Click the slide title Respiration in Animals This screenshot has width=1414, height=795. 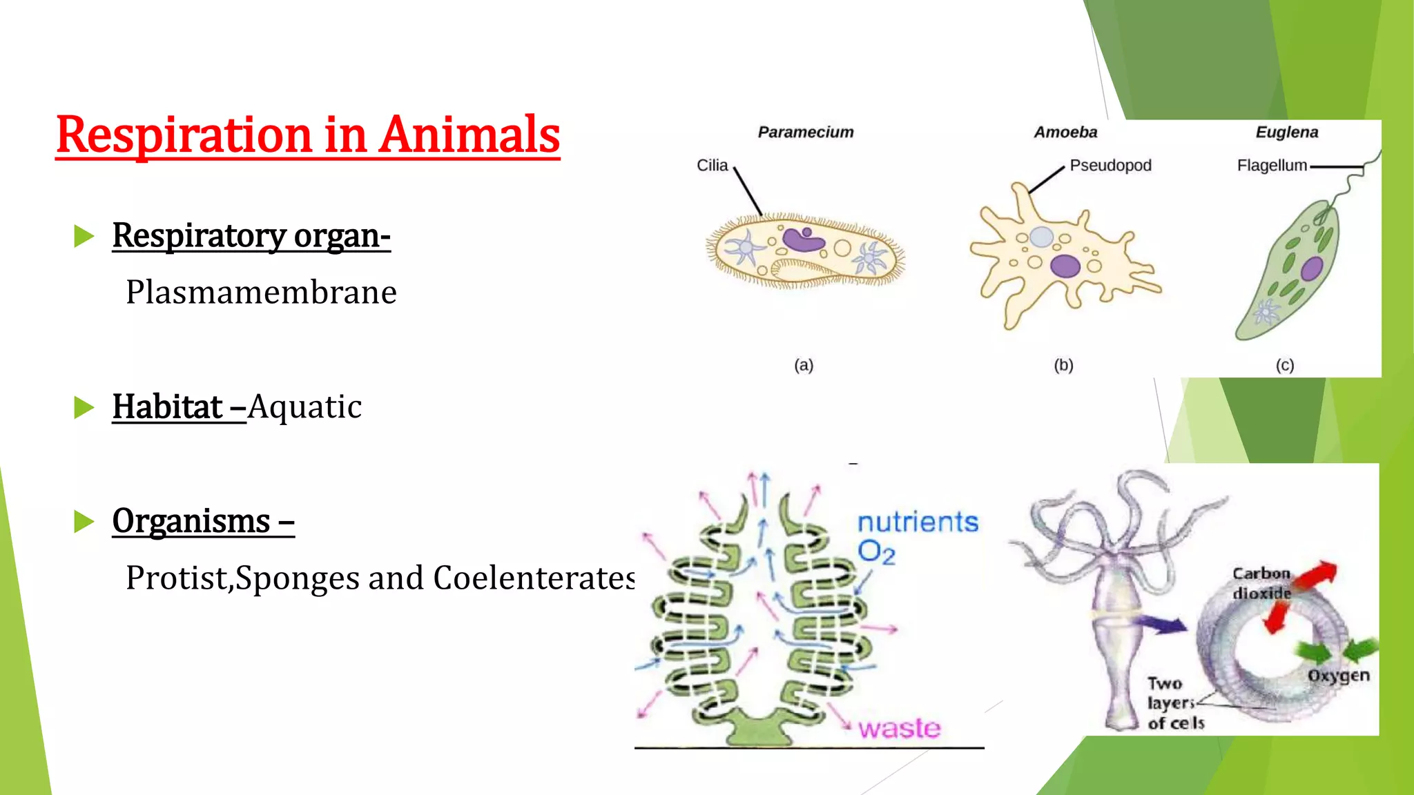coord(308,135)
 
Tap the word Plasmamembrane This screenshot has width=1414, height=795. coord(261,293)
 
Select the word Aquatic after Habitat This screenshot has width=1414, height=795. coord(304,407)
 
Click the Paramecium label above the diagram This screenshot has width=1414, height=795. coord(806,132)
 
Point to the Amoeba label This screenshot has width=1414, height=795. coord(1065,132)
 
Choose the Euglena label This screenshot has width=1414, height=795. coord(1287,132)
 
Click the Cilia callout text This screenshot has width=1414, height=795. coord(712,166)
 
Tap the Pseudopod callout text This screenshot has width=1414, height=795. coord(1110,166)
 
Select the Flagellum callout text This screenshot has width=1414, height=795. coord(1272,166)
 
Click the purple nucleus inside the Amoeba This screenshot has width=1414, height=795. coord(1065,266)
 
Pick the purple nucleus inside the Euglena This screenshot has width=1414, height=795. coord(1311,268)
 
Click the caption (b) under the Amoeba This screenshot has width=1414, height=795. coord(1063,365)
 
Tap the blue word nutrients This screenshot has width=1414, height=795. coord(918,522)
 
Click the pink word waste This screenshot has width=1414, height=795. coord(900,729)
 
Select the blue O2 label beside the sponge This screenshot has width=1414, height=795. coord(876,553)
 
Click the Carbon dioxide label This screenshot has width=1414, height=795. coord(1261,583)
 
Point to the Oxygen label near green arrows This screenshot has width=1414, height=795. coord(1338,676)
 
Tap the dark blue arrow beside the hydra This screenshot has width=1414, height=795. coord(1160,625)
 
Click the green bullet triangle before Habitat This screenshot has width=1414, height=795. coord(84,408)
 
